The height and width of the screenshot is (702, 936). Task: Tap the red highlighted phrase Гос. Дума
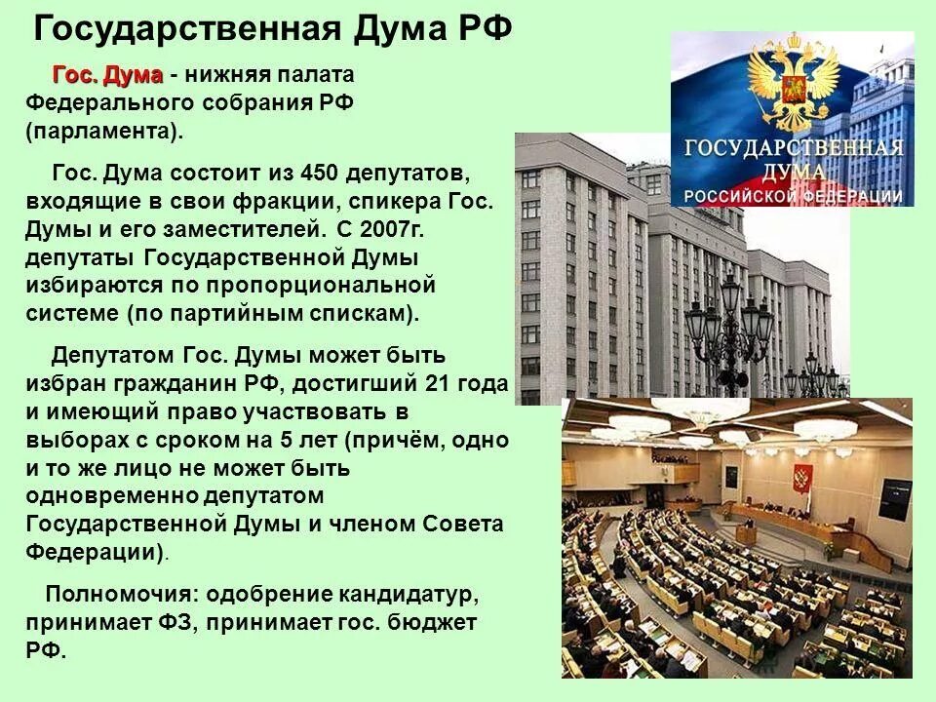tap(107, 76)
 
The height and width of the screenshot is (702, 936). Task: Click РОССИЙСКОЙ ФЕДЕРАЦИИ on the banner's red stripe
tap(793, 196)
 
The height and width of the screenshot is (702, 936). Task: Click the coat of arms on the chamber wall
tap(802, 478)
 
